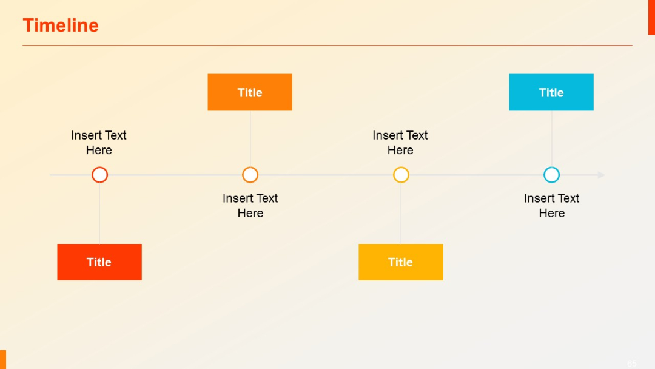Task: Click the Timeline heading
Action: pos(61,25)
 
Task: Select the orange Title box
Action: pos(250,92)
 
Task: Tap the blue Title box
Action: pos(551,92)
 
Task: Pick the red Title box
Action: pos(99,262)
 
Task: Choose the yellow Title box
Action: pos(401,262)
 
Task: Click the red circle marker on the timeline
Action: pos(99,175)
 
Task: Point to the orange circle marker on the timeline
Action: pos(250,175)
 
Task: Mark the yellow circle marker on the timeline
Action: pos(401,175)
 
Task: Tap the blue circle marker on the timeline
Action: pos(551,175)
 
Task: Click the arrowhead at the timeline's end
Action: pos(601,175)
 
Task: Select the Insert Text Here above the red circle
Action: pos(99,143)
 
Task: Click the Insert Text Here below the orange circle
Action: pos(250,206)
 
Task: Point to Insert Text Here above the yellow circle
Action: pos(400,143)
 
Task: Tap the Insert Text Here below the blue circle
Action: pos(551,206)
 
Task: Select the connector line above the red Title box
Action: pos(99,213)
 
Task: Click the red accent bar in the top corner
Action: pos(651,17)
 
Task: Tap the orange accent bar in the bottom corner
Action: pos(3,359)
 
